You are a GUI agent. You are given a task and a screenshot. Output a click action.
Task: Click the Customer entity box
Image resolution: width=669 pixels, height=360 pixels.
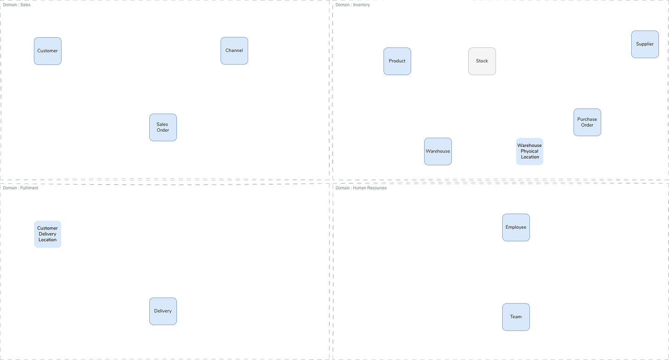[47, 51]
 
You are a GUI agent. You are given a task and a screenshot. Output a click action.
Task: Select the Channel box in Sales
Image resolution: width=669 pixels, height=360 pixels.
[234, 51]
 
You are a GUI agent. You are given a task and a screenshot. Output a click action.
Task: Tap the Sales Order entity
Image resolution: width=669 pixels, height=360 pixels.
[163, 127]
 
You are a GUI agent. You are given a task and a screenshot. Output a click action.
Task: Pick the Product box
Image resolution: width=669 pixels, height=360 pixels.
[397, 61]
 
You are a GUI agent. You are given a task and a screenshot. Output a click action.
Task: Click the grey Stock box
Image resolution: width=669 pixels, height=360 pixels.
[482, 61]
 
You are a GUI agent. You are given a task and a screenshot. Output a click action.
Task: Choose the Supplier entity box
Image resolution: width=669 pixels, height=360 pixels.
[645, 44]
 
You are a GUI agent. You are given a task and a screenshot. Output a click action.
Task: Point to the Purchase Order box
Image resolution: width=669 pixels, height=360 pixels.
[587, 122]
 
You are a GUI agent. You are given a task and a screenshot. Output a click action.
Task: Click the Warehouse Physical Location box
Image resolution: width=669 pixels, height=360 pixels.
[529, 151]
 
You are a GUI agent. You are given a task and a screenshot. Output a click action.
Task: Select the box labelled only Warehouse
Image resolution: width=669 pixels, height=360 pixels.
[437, 151]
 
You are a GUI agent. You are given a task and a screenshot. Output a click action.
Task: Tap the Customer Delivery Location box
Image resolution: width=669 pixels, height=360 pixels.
[47, 234]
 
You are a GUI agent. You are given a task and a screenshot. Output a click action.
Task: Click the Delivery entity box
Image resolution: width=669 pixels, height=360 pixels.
[163, 311]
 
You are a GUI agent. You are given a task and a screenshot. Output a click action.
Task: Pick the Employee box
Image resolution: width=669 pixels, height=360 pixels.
[516, 227]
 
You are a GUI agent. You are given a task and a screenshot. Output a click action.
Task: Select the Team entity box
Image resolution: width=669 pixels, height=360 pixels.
[516, 316]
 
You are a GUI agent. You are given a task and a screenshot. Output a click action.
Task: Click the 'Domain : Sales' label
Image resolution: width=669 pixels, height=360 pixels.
[17, 5]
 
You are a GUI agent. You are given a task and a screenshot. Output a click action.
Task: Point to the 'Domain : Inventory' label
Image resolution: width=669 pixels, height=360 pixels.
[352, 5]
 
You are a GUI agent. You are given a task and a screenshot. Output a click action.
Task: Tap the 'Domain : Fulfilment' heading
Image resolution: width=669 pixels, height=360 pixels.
[21, 188]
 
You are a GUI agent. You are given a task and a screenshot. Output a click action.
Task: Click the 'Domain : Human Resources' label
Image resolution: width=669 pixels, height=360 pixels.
[361, 188]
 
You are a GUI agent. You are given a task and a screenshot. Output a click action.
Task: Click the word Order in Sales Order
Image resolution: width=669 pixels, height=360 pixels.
[163, 130]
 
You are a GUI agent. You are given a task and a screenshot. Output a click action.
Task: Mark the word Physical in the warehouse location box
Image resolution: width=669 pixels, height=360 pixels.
[529, 151]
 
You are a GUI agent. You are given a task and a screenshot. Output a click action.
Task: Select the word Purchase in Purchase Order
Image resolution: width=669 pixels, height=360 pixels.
[587, 119]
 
